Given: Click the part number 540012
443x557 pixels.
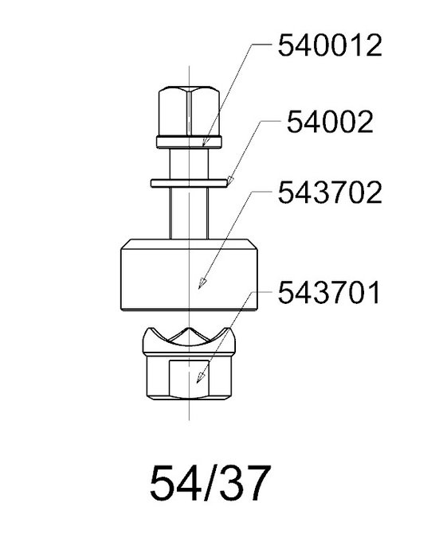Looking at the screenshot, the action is click(330, 45).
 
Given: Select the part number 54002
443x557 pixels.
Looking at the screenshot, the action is click(330, 122).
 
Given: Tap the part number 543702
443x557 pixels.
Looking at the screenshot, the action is click(330, 193).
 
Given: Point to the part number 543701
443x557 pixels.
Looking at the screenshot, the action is click(329, 293).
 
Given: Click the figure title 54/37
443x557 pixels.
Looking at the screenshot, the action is click(209, 484).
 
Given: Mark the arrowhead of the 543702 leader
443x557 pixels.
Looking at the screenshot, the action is click(202, 282).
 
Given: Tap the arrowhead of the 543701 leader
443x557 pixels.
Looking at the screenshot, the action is click(201, 377).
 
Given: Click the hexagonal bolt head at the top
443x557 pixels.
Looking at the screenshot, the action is click(189, 111).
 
